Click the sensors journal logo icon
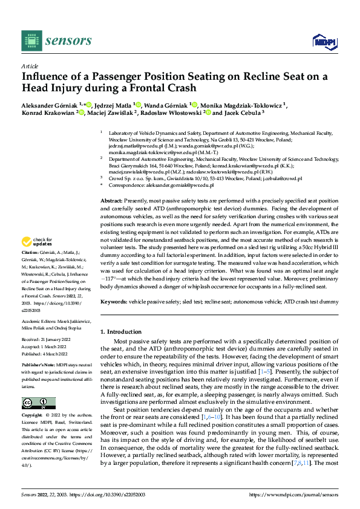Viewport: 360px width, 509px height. coord(30,41)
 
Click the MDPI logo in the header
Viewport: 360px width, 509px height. coord(324,41)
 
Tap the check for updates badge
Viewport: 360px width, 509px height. coord(38,258)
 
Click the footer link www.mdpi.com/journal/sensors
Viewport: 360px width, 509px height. coord(304,495)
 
